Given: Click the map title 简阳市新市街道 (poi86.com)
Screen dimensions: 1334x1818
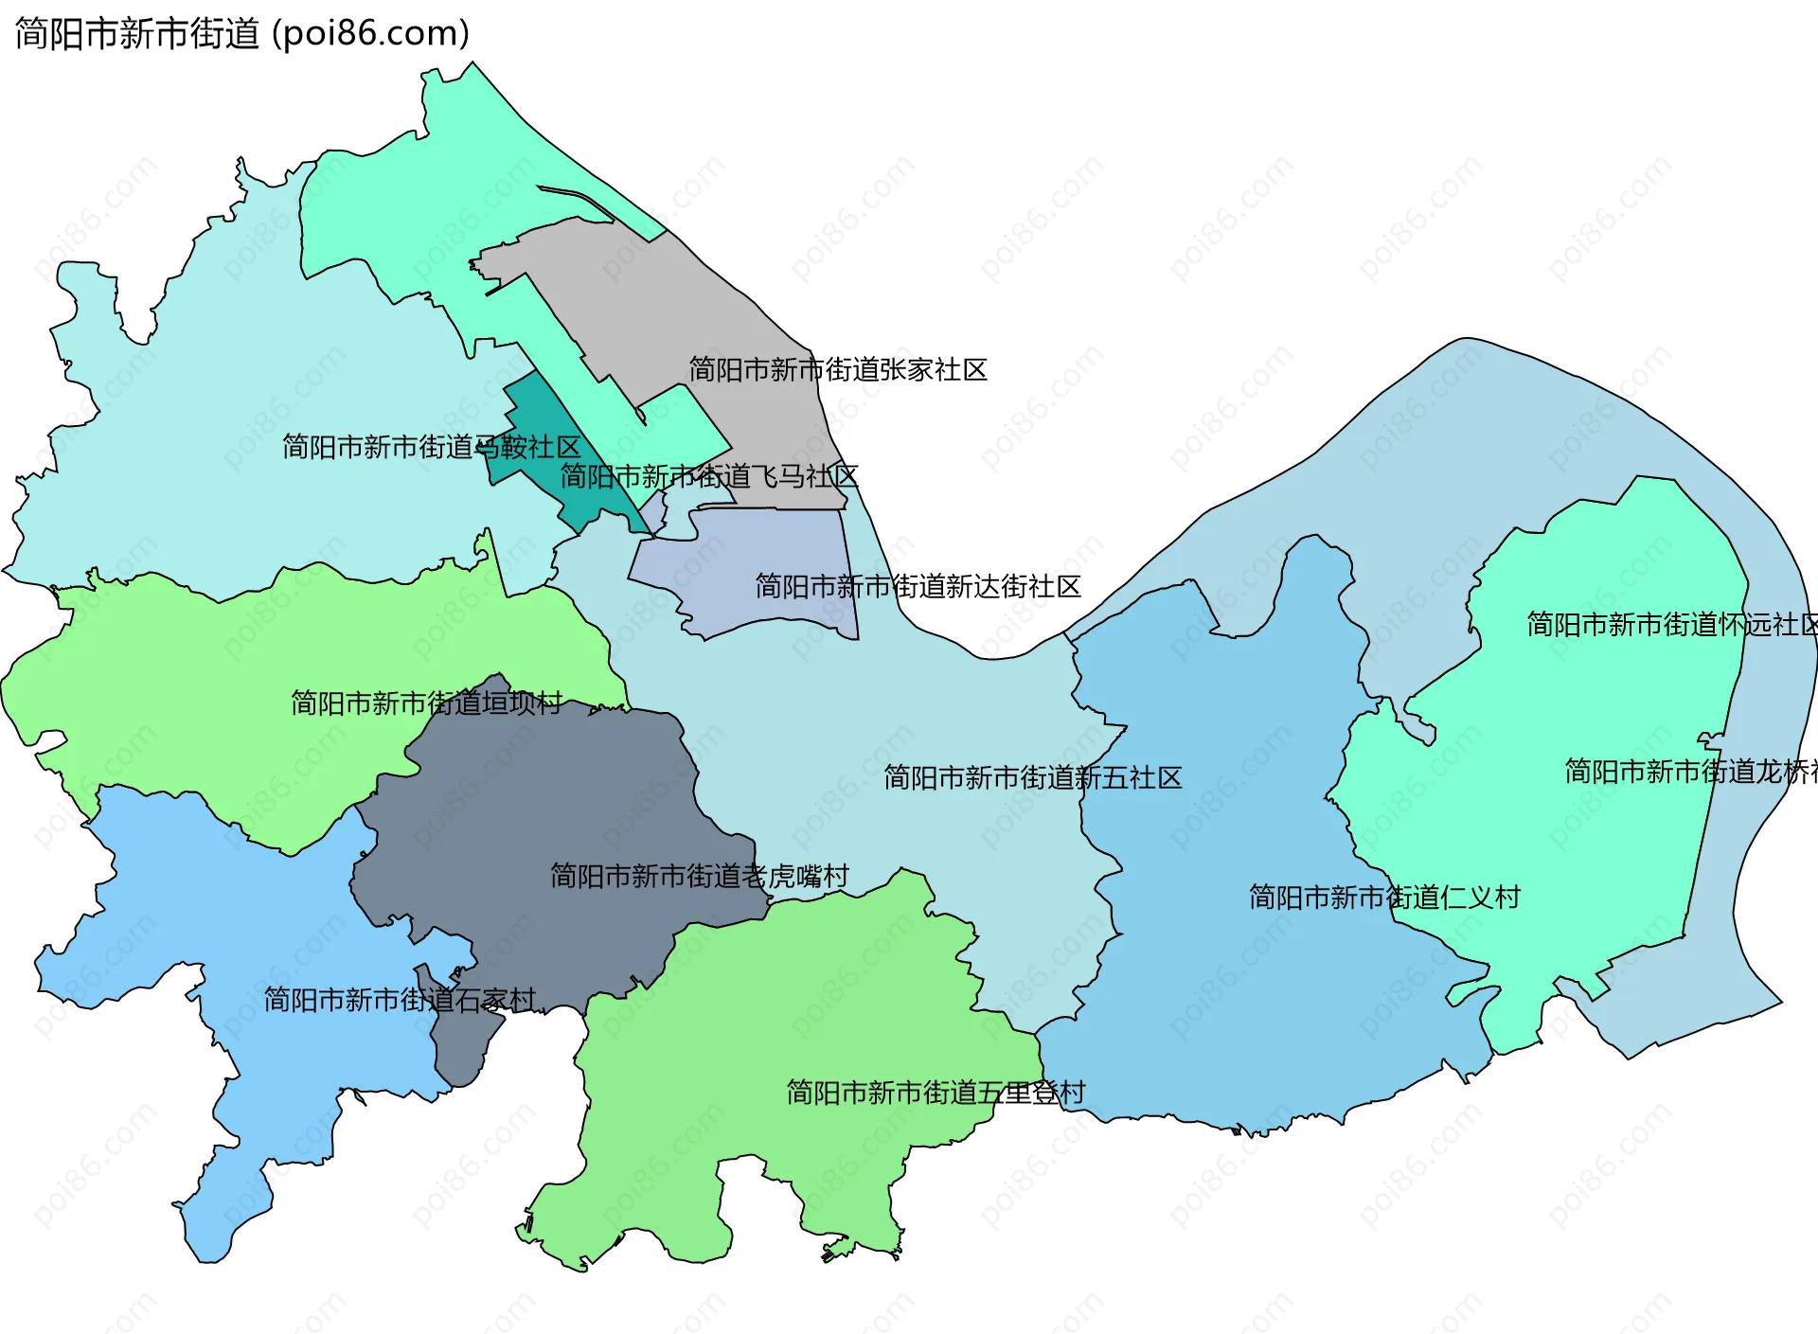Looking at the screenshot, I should [x=242, y=34].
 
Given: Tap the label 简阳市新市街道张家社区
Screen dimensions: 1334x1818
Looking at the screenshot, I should [x=838, y=369].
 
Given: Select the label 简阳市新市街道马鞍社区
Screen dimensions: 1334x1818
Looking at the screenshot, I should [x=431, y=446].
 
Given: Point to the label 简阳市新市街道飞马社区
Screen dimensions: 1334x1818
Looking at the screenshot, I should [x=709, y=476].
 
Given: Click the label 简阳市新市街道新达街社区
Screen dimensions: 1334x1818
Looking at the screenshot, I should [x=918, y=587].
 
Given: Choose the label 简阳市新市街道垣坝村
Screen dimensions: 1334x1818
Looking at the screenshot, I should [x=426, y=703].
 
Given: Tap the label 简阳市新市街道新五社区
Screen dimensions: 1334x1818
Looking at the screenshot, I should [x=1032, y=777].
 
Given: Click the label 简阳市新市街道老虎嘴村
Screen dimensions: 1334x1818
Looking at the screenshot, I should [x=699, y=876].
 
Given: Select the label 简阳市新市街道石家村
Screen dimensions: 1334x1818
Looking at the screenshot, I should [x=400, y=1000].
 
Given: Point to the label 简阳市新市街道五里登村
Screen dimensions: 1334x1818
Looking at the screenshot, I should [x=936, y=1093].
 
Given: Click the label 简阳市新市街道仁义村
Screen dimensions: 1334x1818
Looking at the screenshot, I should [x=1384, y=897].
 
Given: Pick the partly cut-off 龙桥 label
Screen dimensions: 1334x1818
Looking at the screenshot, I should [x=1690, y=772].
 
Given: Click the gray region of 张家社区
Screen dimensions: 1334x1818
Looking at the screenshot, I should [x=663, y=303].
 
